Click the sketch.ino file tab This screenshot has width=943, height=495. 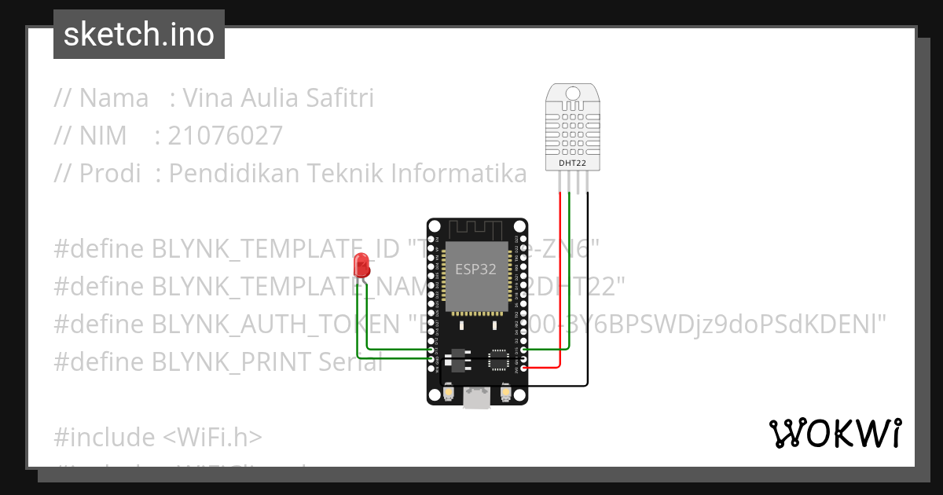[x=139, y=35]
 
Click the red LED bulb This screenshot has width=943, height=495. [x=361, y=264]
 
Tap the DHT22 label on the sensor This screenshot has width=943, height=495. [x=572, y=163]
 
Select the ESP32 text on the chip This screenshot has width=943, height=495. [x=476, y=269]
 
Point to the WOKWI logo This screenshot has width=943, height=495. [x=835, y=433]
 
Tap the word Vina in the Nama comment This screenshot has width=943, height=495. [x=209, y=98]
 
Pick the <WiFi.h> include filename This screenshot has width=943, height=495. [x=212, y=437]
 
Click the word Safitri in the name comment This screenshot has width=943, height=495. [x=339, y=98]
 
